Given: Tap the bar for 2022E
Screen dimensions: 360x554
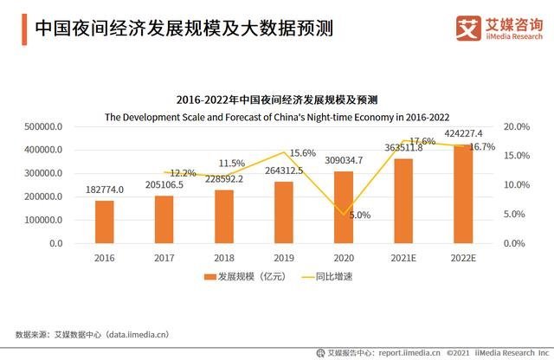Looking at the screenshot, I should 463,194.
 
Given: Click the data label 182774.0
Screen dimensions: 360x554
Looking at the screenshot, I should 104,190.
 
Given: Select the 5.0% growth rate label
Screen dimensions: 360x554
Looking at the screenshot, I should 360,215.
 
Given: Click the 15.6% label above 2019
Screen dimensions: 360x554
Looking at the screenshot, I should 302,153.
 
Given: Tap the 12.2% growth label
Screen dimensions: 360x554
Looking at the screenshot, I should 183,173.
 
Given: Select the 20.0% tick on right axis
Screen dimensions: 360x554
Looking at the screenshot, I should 515,126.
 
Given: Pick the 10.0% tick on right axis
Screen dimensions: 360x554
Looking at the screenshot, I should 515,185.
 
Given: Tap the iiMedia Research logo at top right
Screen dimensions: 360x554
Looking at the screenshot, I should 499,29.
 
